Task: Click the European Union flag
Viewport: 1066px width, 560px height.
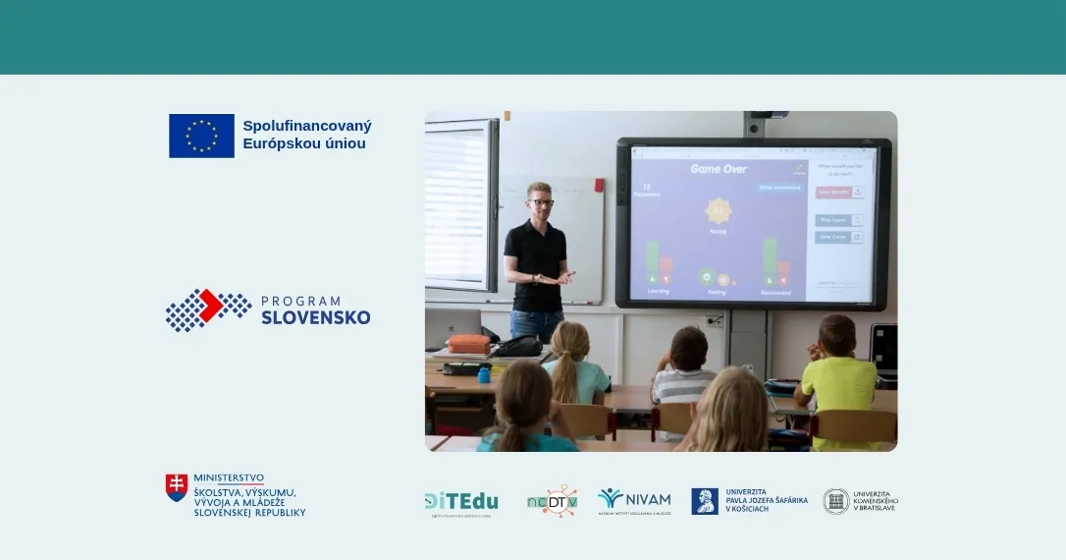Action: point(201,136)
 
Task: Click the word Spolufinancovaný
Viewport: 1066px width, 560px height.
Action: point(307,126)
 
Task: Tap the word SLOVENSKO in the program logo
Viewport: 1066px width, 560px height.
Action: point(316,317)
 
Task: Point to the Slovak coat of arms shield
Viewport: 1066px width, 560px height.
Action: point(177,487)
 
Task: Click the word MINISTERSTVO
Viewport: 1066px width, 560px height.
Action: point(229,477)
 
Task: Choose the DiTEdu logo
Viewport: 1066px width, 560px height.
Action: point(461,502)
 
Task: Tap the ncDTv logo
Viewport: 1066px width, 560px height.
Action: point(552,501)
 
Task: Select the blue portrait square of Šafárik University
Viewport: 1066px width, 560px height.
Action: point(705,501)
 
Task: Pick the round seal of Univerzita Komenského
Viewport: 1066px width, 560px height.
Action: point(836,501)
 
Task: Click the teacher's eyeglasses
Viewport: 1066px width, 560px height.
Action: point(540,202)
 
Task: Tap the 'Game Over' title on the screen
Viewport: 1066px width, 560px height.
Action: point(719,169)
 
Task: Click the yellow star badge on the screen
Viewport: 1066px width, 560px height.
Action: point(719,210)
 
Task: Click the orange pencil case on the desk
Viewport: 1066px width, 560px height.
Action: point(468,344)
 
